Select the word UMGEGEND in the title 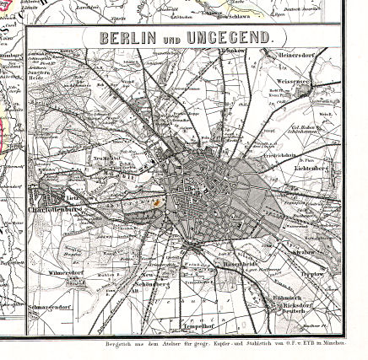pyautogui.click(x=229, y=38)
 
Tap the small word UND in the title pyautogui.click(x=172, y=40)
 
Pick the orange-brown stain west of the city pyautogui.click(x=156, y=202)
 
